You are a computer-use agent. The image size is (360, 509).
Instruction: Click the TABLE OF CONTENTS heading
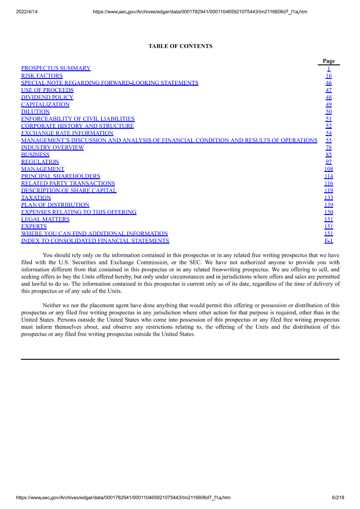[x=180, y=46]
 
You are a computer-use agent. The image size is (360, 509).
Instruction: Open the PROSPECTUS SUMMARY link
[x=56, y=69]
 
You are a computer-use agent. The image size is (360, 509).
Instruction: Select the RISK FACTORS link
[x=42, y=76]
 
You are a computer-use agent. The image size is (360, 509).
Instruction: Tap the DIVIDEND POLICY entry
[x=47, y=98]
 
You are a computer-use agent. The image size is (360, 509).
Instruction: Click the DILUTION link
[x=35, y=112]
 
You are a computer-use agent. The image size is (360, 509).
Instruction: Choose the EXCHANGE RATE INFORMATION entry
[x=67, y=133]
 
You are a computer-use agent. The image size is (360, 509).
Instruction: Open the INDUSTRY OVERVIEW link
[x=53, y=147]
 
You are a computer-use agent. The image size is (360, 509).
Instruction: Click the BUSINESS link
[x=35, y=155]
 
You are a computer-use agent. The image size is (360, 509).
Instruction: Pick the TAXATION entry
[x=36, y=198]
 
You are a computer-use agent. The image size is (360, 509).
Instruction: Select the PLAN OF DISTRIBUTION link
[x=55, y=205]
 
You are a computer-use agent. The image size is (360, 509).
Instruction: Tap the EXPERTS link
[x=34, y=226]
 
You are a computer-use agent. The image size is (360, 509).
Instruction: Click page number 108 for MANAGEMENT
[x=329, y=169]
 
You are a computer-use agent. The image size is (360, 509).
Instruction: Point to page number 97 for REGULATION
[x=329, y=162]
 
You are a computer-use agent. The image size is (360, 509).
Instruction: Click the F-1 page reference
[x=329, y=241]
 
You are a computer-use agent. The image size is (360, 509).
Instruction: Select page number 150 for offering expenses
[x=329, y=212]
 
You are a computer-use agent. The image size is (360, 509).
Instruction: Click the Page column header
[x=329, y=61]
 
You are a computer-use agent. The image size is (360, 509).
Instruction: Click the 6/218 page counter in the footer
[x=338, y=498]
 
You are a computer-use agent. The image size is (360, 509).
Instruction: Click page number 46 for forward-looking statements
[x=329, y=83]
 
